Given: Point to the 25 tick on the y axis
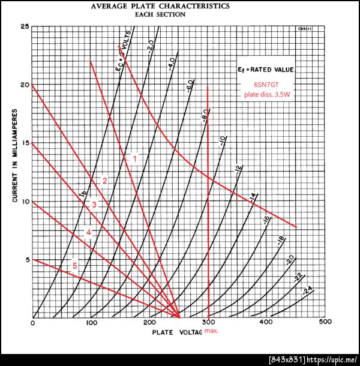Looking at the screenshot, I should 25,26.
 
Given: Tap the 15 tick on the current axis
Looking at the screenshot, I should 25,143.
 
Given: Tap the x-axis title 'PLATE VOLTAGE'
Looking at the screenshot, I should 176,332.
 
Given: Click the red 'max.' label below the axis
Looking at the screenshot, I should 211,331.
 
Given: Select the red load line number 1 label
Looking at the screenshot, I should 135,159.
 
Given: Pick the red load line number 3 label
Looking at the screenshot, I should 94,205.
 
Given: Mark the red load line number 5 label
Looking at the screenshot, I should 75,266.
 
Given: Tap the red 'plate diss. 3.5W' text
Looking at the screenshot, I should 265,95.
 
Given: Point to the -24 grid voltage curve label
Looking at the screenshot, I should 308,290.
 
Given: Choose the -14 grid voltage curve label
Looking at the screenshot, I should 253,197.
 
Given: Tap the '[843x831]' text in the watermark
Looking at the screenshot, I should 285,359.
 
